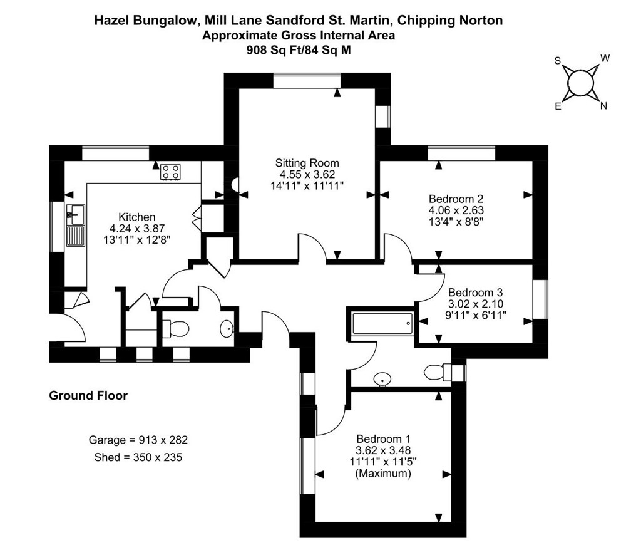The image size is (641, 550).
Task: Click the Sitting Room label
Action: (x=307, y=163)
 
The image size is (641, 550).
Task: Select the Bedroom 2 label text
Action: (x=456, y=199)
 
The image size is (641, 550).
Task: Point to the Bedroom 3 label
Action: (x=476, y=293)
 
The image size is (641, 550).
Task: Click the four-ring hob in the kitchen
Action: (x=170, y=172)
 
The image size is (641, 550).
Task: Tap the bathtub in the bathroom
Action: (x=382, y=323)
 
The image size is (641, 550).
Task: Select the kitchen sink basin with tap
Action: (x=76, y=214)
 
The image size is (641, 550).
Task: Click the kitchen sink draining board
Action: (x=76, y=236)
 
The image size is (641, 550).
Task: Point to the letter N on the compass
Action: (x=603, y=106)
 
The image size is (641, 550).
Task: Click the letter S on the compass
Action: (x=557, y=61)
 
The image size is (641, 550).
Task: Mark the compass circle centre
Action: (x=580, y=83)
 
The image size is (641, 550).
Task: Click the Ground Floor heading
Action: (x=88, y=396)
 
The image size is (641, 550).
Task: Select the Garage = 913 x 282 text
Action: (x=138, y=440)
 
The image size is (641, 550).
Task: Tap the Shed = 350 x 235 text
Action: (x=138, y=457)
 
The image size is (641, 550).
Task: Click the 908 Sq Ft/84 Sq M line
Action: (x=299, y=50)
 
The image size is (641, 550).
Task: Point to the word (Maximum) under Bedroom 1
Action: (x=384, y=474)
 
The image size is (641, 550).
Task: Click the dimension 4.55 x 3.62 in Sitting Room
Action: (x=307, y=174)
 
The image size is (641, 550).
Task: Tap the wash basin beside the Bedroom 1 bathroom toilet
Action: (x=382, y=379)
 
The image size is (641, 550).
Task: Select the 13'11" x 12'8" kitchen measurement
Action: (x=137, y=240)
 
